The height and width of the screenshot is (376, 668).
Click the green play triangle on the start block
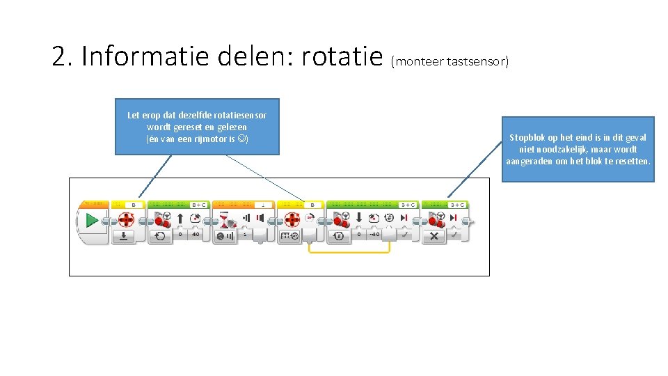point(92,221)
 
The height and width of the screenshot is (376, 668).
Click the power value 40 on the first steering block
point(196,235)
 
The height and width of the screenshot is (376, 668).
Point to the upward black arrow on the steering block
point(182,219)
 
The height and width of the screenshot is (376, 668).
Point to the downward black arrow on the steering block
point(358,219)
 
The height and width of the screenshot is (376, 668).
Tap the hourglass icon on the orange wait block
point(225,220)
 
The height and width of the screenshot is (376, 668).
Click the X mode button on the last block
point(434,236)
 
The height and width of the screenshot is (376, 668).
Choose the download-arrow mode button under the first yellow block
point(124,236)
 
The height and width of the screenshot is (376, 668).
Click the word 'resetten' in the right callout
point(633,161)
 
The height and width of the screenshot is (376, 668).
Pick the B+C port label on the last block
point(457,205)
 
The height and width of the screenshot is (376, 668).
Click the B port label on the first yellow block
point(134,205)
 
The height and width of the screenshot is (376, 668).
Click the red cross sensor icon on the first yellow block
point(126,220)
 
